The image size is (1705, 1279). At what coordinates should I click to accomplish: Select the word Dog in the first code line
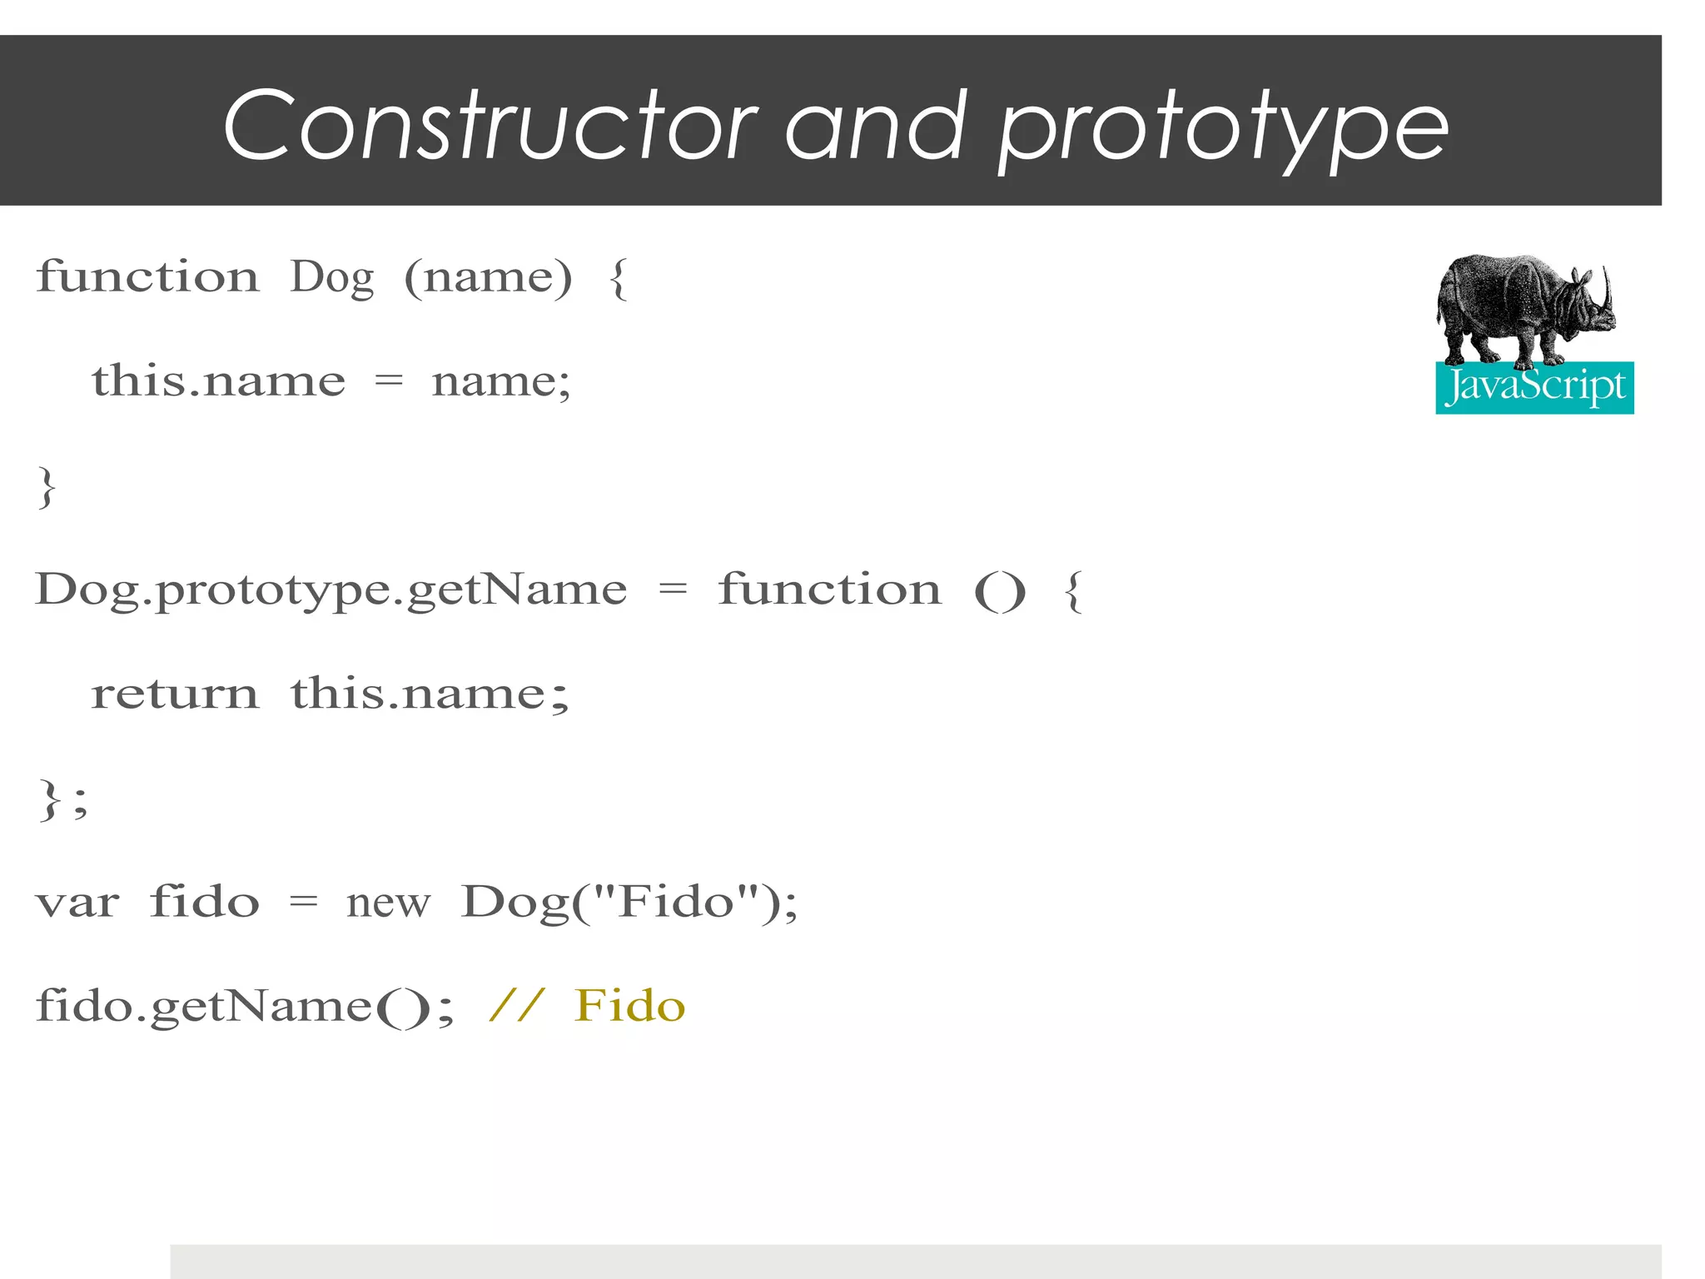[331, 277]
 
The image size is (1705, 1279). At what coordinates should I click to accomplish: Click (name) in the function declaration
[489, 277]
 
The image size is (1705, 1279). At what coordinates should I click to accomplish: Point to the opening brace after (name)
[618, 277]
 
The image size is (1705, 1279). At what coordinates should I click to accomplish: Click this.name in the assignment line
[218, 381]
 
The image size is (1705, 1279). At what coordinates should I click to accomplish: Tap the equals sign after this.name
[388, 381]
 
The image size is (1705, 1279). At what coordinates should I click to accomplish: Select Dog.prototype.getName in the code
[331, 591]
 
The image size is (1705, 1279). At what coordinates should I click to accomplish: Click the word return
[175, 694]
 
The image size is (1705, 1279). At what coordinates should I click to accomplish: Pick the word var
[77, 903]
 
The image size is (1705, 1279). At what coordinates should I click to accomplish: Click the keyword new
[388, 903]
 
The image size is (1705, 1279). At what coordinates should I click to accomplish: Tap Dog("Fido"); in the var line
[629, 903]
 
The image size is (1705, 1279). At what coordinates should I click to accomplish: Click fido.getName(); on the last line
[245, 1007]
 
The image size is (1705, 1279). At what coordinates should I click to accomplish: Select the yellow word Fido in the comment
[629, 1006]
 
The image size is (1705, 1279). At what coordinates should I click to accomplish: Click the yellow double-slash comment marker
[517, 1006]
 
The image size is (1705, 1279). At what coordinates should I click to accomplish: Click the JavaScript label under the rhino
[1534, 387]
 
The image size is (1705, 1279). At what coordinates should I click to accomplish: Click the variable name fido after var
[205, 903]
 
